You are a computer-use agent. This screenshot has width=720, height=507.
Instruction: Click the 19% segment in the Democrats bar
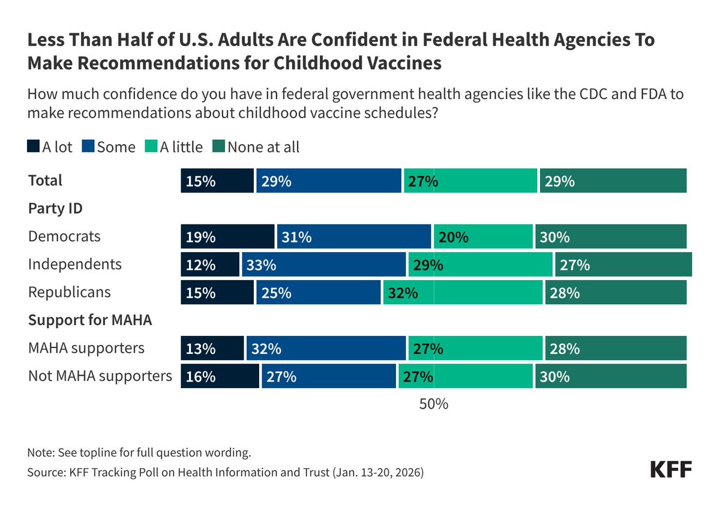point(227,236)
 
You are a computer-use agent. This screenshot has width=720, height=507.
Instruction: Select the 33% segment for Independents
point(323,265)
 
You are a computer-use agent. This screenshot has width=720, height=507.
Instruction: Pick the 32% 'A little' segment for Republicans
point(462,292)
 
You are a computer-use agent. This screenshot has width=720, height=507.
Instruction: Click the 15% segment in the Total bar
point(217,181)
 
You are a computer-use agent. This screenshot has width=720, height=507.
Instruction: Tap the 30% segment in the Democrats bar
point(610,236)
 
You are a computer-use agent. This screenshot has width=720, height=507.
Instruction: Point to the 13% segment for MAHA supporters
point(212,348)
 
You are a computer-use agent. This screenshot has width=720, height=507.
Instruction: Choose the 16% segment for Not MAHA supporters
point(220,376)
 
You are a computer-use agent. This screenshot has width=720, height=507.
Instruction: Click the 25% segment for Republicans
point(318,292)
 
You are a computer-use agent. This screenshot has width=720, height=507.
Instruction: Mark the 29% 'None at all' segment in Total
point(613,181)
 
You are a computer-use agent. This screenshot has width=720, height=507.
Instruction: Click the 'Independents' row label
point(74,264)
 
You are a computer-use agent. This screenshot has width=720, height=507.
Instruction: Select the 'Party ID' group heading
point(55,208)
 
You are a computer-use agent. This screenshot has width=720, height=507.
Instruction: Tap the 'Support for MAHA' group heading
point(90,320)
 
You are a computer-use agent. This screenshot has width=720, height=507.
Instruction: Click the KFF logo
point(671,470)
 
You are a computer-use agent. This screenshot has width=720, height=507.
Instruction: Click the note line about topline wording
point(139,452)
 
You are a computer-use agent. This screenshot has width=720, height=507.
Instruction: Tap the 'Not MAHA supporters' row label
point(100,376)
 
